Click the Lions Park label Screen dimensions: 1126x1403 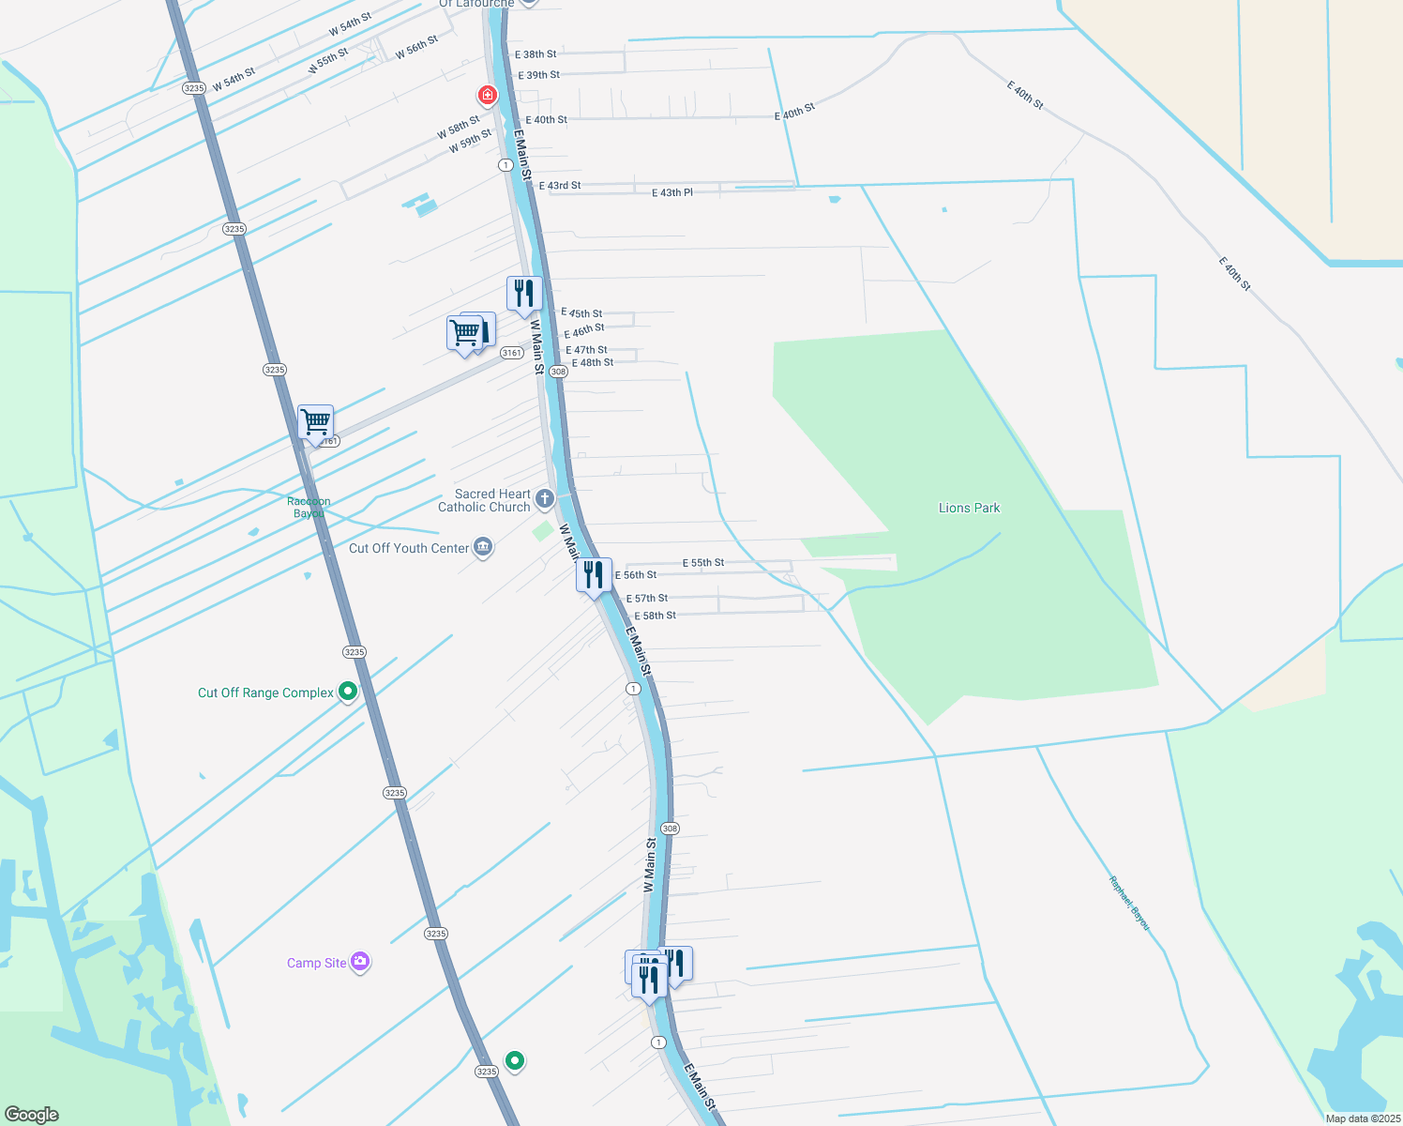point(969,508)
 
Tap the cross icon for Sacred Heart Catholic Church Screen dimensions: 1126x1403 point(545,497)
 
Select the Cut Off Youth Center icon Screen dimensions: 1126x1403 point(483,547)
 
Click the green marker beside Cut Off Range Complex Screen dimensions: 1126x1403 point(348,692)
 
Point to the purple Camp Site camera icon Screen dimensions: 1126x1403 point(360,962)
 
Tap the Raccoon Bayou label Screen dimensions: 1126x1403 point(309,508)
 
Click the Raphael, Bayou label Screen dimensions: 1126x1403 point(1129,903)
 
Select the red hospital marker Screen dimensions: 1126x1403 point(487,95)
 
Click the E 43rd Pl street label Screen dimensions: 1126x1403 point(672,192)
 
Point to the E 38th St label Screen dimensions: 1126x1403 point(536,54)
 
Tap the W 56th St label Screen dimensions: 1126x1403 point(416,48)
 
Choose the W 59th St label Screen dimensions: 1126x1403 point(470,142)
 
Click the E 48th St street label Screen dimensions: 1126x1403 point(593,362)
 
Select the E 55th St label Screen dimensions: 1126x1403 point(703,563)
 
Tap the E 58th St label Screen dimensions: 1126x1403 point(655,616)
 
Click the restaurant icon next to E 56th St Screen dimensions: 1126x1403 point(594,574)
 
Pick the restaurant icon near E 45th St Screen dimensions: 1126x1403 point(524,293)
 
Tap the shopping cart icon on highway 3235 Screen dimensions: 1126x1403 point(316,422)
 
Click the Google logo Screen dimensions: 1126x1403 point(32,1114)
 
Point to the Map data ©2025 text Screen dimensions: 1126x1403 point(1363,1118)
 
